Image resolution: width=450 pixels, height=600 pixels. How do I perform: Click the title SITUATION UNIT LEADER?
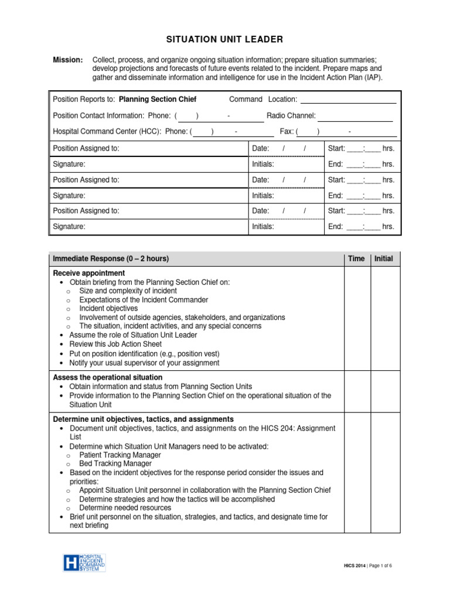[225, 39]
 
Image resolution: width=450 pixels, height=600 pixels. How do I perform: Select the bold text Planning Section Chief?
[158, 100]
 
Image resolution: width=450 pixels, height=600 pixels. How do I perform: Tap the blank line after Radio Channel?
[355, 116]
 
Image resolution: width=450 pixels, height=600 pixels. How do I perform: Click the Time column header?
[356, 259]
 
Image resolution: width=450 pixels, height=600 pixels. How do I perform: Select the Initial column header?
[384, 259]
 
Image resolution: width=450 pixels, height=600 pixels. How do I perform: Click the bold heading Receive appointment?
[89, 273]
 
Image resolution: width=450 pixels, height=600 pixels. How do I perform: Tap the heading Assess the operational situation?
[108, 377]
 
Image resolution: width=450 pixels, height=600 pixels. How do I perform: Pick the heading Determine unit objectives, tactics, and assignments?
[143, 420]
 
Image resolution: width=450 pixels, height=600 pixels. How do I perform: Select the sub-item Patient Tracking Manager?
[120, 455]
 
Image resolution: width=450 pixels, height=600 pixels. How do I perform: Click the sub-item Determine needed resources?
[125, 508]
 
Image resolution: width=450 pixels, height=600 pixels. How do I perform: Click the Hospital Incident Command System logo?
[84, 563]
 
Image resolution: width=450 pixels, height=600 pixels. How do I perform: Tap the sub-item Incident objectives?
[108, 308]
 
